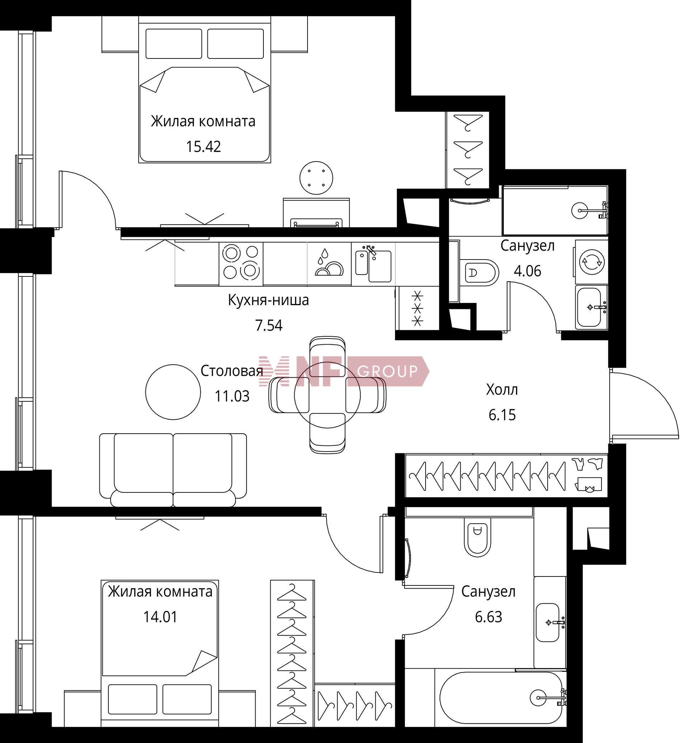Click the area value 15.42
tap(203, 146)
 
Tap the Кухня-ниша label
tap(268, 300)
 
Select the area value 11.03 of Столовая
tap(232, 396)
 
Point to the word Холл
tap(502, 390)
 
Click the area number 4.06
tap(528, 271)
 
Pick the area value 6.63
tap(488, 617)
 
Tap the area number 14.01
tap(160, 617)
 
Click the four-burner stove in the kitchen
tap(241, 263)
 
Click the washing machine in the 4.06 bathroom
tap(591, 261)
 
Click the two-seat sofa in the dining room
tap(173, 469)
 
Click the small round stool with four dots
tap(317, 178)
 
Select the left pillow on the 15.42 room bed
tap(174, 44)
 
